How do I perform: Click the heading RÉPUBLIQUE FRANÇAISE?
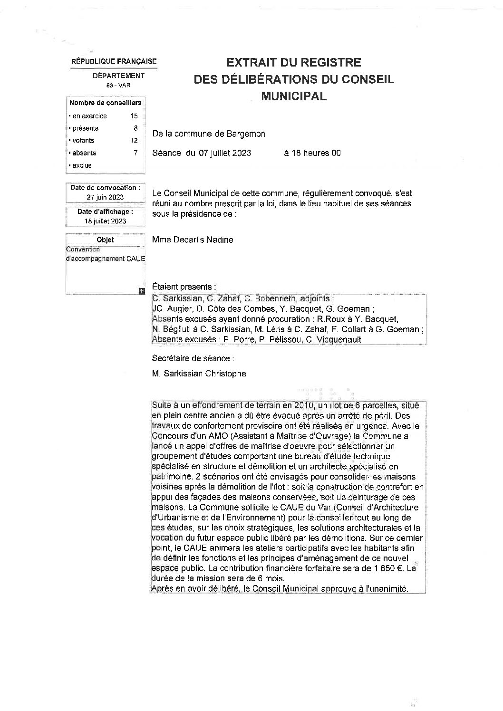tap(114, 61)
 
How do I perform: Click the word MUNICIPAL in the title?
tap(294, 96)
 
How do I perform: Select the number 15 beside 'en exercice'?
tap(134, 116)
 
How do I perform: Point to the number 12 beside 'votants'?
tap(134, 141)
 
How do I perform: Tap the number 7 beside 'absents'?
tap(135, 153)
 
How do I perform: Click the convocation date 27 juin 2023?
tap(105, 197)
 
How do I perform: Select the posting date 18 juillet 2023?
tap(105, 221)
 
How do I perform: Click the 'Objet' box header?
tap(105, 240)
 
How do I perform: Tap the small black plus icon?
tap(141, 291)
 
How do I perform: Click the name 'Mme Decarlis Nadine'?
tap(193, 240)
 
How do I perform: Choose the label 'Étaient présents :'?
tap(184, 287)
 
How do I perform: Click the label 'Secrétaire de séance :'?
tap(193, 358)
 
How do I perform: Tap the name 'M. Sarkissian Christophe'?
tap(199, 374)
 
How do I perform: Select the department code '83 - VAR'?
tap(118, 86)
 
